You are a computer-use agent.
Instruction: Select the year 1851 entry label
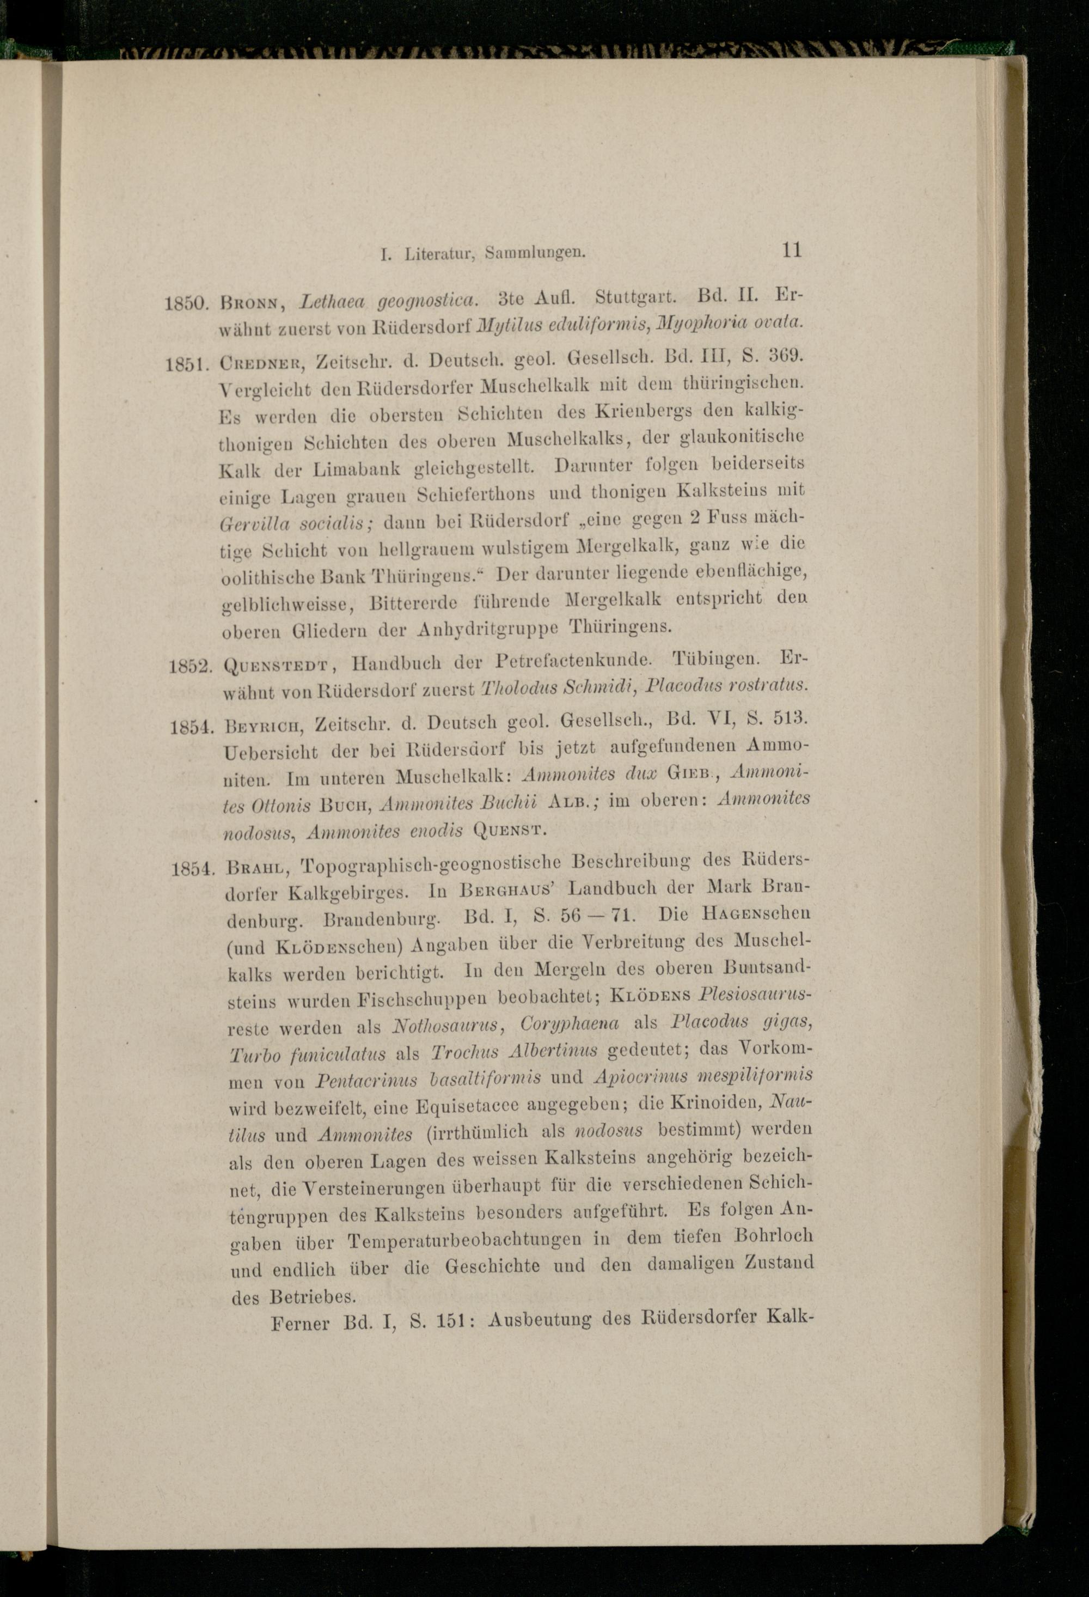point(186,362)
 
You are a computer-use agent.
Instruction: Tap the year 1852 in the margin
point(189,665)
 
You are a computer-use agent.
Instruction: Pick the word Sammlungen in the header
point(535,252)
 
